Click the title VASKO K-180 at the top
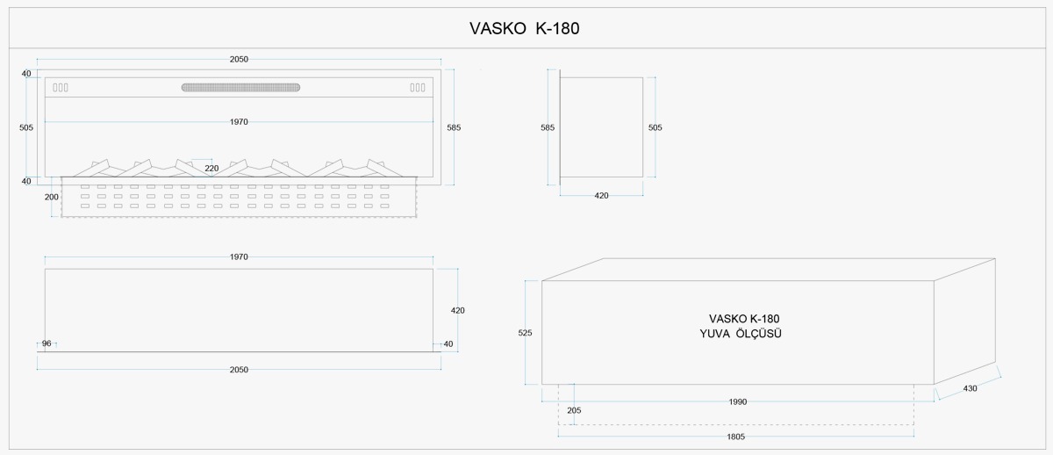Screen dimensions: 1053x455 (x=524, y=29)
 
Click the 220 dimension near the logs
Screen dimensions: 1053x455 (x=211, y=169)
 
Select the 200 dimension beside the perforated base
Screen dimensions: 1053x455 (x=52, y=197)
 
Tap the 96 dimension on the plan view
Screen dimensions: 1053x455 (x=47, y=343)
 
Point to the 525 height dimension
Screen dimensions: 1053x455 (x=525, y=333)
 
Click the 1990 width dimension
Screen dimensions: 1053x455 (x=738, y=401)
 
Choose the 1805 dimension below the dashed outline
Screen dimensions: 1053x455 (x=735, y=437)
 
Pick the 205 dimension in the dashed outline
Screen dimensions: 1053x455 (x=574, y=410)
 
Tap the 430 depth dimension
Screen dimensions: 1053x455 (x=970, y=388)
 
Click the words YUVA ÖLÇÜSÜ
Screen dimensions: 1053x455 (x=741, y=334)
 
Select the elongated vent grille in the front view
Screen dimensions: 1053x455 (x=240, y=88)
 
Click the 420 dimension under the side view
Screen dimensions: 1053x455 (x=601, y=196)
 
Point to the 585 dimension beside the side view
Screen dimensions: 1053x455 (x=548, y=127)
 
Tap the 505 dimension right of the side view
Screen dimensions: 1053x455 (x=655, y=127)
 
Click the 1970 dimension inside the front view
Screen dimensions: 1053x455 (x=239, y=122)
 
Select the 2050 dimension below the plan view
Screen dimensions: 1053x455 (x=239, y=370)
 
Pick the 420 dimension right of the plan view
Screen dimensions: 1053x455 (x=457, y=311)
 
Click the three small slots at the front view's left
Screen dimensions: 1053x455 (x=61, y=88)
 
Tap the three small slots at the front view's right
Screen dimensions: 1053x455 (x=418, y=88)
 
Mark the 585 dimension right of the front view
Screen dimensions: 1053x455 (x=454, y=127)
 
